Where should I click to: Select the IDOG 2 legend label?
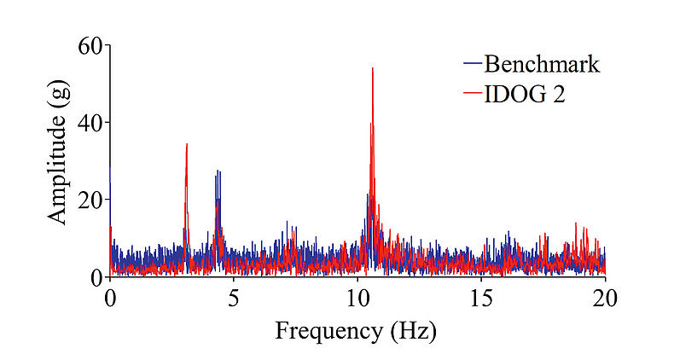click(525, 94)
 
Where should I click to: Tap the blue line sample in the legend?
click(473, 64)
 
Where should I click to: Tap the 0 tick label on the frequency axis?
click(109, 298)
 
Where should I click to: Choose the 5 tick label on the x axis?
click(234, 298)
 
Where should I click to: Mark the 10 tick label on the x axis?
click(357, 298)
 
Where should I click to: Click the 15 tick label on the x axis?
click(481, 298)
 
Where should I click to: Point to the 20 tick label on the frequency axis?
click(605, 298)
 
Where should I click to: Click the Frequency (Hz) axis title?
click(355, 330)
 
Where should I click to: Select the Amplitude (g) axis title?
click(57, 161)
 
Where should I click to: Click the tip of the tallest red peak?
click(373, 68)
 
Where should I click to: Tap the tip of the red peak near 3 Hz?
click(187, 144)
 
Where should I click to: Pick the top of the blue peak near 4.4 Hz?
click(218, 171)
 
